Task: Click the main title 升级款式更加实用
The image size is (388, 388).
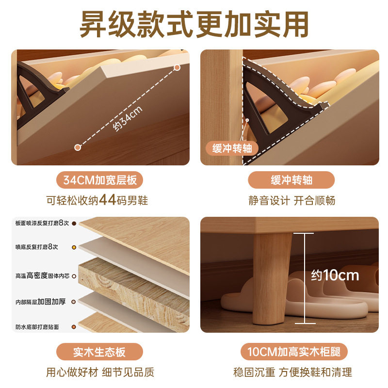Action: pyautogui.click(x=194, y=24)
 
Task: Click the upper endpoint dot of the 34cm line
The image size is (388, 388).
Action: pyautogui.click(x=177, y=67)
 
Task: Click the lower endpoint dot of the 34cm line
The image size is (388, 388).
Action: pyautogui.click(x=77, y=147)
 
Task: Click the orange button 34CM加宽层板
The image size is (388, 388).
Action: pyautogui.click(x=100, y=180)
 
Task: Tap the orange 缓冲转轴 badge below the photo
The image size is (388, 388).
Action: pyautogui.click(x=291, y=180)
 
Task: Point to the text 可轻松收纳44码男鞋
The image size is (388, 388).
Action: pyautogui.click(x=100, y=200)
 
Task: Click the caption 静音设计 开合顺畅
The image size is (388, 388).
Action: pyautogui.click(x=291, y=200)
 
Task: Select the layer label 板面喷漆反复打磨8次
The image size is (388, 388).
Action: pyautogui.click(x=42, y=223)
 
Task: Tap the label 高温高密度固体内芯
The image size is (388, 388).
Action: pyautogui.click(x=42, y=275)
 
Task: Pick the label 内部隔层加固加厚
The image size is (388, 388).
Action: pyautogui.click(x=40, y=301)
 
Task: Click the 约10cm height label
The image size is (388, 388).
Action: pyautogui.click(x=335, y=275)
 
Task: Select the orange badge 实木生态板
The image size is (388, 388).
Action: pyautogui.click(x=100, y=352)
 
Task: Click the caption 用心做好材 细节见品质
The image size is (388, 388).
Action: pyautogui.click(x=100, y=372)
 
